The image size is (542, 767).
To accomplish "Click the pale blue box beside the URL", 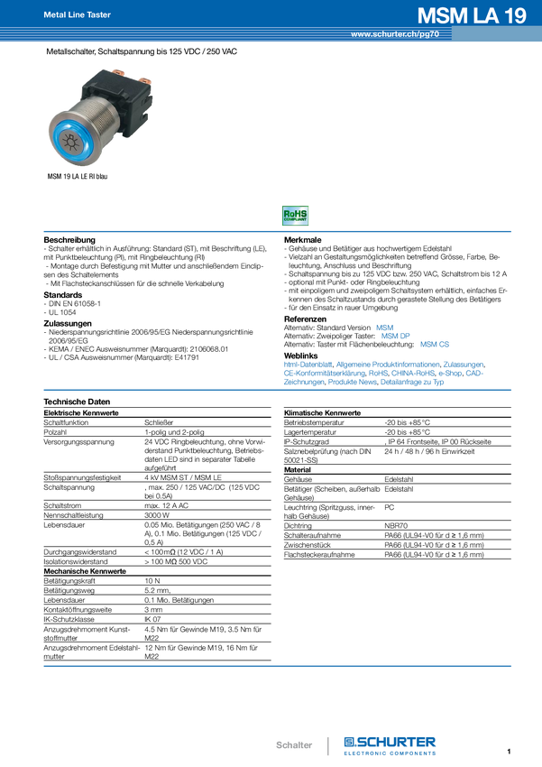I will coord(496,34).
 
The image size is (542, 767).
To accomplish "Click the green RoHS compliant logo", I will coord(296,216).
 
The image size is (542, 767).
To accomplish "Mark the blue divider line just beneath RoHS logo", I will coord(278,232).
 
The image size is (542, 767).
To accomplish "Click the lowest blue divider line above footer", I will coord(278,667).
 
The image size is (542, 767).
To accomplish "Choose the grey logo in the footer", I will coord(294,745).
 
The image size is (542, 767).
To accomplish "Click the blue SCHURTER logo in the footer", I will coord(391,744).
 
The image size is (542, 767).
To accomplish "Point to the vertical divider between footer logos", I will coord(329,744).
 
